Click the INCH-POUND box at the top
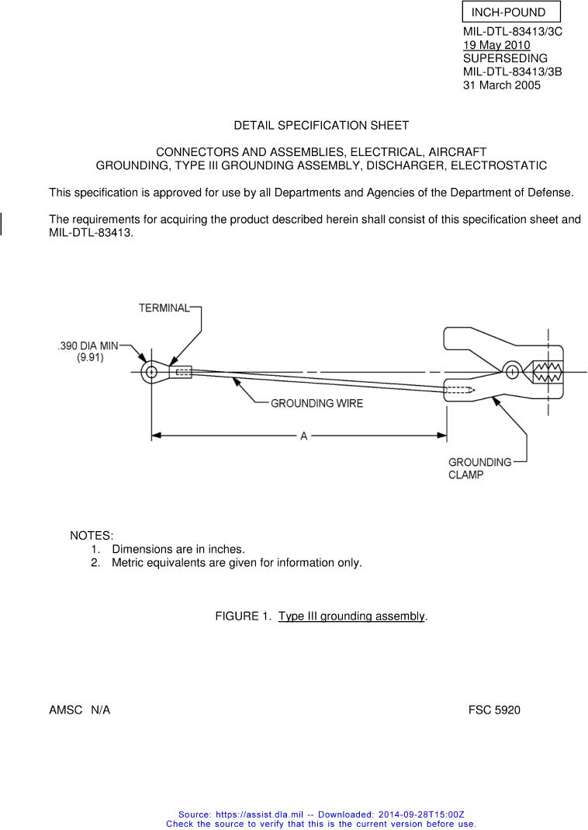click(x=510, y=12)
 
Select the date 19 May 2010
click(x=496, y=45)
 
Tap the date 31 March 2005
click(x=501, y=85)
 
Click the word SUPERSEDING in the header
click(x=505, y=58)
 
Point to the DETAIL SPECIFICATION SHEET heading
click(x=321, y=125)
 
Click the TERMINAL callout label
click(x=164, y=308)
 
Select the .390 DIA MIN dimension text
click(x=88, y=346)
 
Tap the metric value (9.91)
click(x=90, y=358)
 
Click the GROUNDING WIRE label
click(x=316, y=403)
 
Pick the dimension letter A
click(x=304, y=436)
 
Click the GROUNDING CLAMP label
click(x=479, y=468)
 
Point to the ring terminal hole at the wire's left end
click(x=151, y=373)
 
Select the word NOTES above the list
click(x=92, y=536)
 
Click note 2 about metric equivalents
click(x=237, y=562)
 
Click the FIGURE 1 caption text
click(x=321, y=616)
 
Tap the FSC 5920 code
click(x=494, y=710)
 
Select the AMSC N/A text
click(x=79, y=710)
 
